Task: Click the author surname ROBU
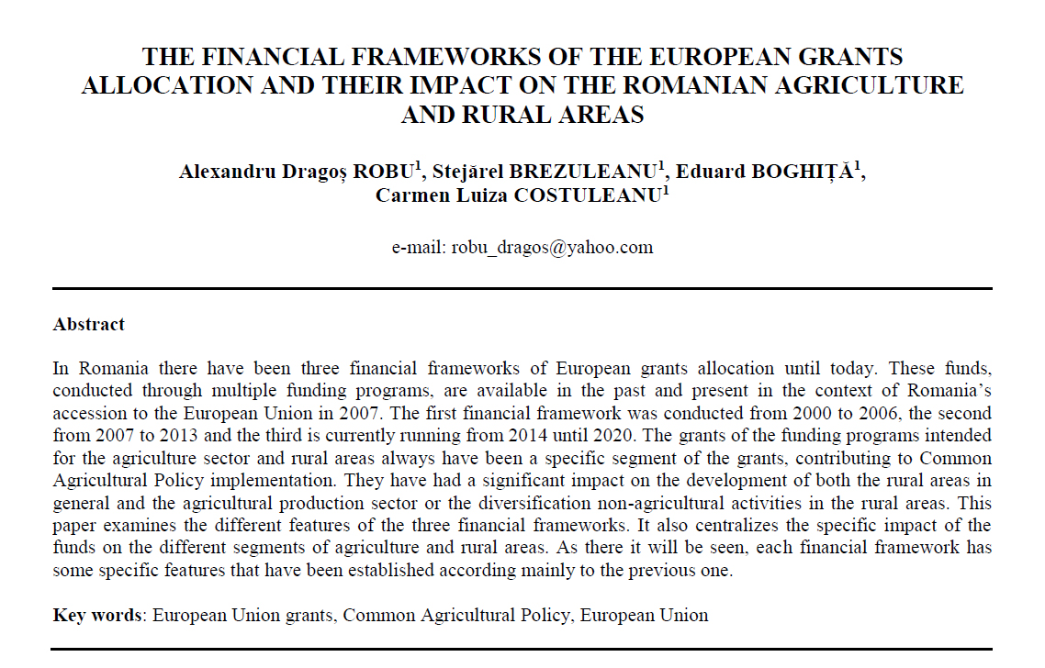(382, 172)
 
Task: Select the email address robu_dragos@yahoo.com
(550, 247)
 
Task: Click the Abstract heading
(89, 324)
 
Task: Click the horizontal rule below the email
(522, 289)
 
